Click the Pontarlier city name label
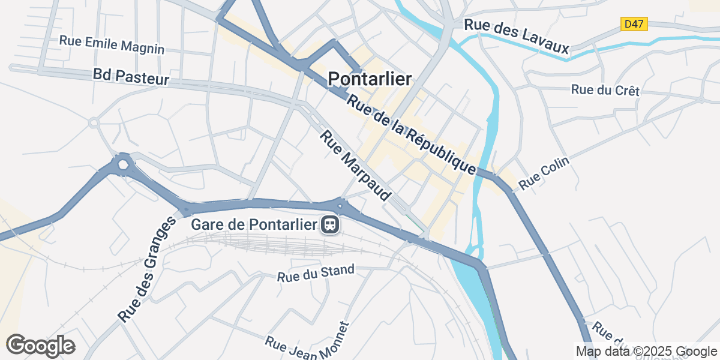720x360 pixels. click(x=370, y=79)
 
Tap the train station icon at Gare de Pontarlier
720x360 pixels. click(x=330, y=225)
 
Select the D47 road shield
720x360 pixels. click(x=634, y=24)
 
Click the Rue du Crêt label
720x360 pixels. click(x=605, y=91)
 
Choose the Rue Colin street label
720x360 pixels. click(x=543, y=174)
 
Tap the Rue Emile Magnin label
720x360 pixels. click(x=112, y=44)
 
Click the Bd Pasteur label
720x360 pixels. click(x=131, y=76)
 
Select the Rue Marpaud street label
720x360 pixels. click(x=355, y=167)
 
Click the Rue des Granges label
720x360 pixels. click(x=146, y=270)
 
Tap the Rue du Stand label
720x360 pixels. click(x=316, y=274)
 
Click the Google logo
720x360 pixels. click(x=40, y=346)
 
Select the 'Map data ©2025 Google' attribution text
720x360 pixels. click(x=646, y=351)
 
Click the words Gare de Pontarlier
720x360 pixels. click(x=254, y=225)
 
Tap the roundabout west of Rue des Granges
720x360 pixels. click(x=124, y=164)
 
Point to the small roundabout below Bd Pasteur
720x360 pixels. click(x=94, y=123)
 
